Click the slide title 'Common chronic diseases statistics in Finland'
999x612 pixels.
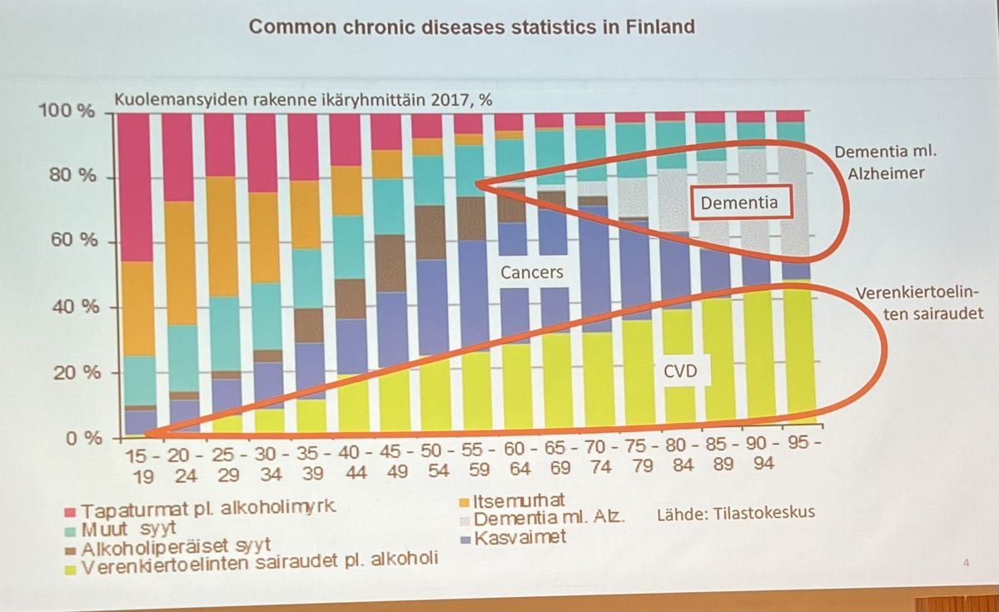[x=472, y=26]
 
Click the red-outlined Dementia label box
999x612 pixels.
[x=738, y=202]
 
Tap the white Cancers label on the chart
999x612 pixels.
[x=531, y=271]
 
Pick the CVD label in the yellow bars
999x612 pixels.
[x=680, y=372]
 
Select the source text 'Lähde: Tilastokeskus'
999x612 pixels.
[x=735, y=512]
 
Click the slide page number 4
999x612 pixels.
[x=966, y=564]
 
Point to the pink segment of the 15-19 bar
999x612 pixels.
[x=135, y=187]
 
